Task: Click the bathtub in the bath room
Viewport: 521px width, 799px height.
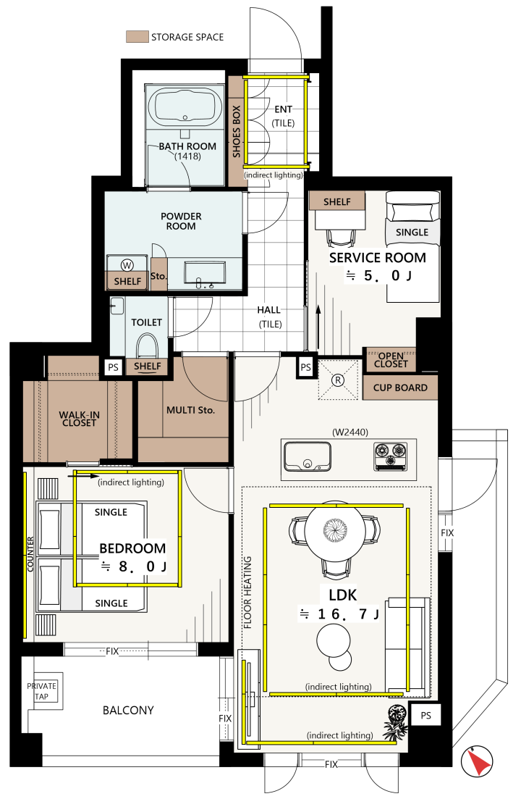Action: click(x=185, y=108)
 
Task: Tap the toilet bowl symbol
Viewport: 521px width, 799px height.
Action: click(x=147, y=346)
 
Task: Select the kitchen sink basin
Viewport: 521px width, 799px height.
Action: click(x=308, y=456)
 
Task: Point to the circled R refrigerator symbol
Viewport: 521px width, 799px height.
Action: click(x=338, y=380)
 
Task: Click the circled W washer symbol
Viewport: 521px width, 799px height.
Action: click(x=127, y=265)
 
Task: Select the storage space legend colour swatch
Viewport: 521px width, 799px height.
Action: click(x=137, y=37)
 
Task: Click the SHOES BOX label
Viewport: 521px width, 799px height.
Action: click(x=236, y=131)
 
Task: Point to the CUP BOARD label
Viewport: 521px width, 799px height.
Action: click(x=400, y=388)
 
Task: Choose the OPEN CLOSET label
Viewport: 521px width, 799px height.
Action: click(x=391, y=360)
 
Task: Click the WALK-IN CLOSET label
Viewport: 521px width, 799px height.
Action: click(x=80, y=419)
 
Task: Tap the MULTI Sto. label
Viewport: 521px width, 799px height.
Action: click(x=190, y=410)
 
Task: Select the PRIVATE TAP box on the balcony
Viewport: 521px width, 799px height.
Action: click(x=42, y=692)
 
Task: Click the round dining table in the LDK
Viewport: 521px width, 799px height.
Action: click(x=335, y=531)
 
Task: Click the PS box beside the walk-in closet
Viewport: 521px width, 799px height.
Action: click(x=113, y=367)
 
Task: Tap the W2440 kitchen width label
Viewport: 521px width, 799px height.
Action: click(x=350, y=432)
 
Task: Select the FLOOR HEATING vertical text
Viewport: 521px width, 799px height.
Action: click(x=247, y=592)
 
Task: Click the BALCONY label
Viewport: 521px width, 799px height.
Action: click(x=128, y=711)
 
